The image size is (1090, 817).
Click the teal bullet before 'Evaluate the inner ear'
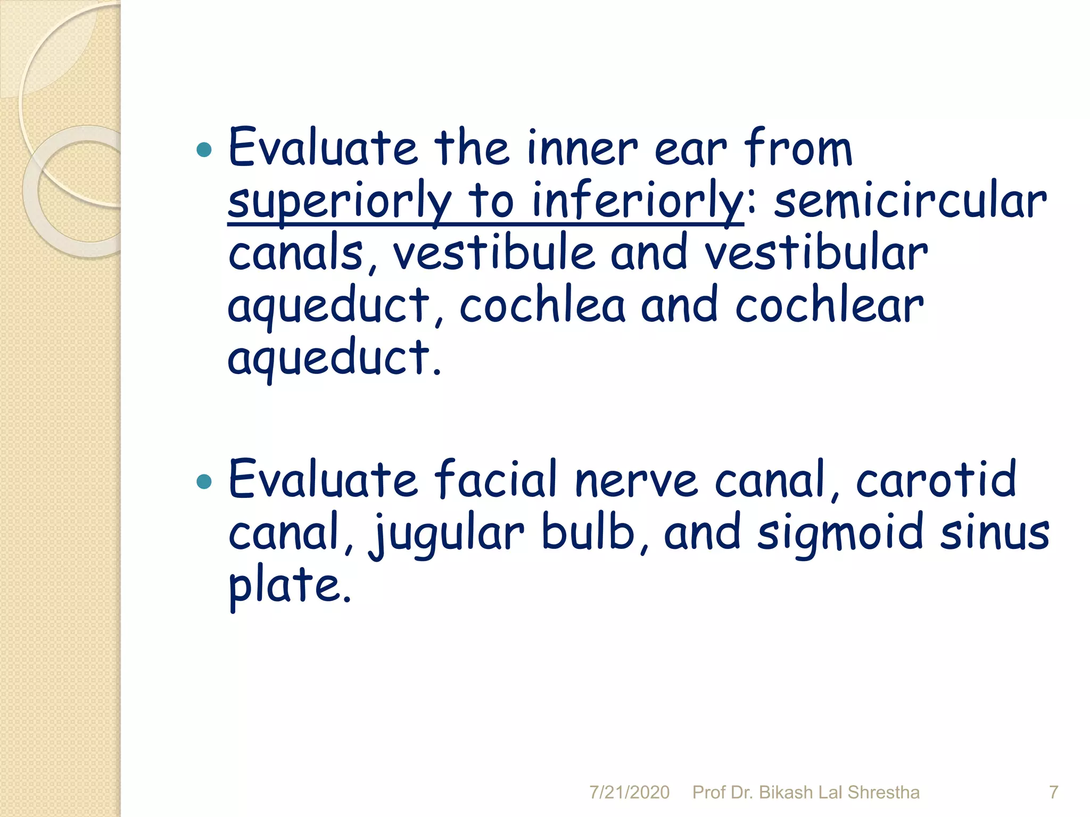(204, 151)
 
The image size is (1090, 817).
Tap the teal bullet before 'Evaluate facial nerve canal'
(204, 482)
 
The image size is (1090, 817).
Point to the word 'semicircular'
(910, 201)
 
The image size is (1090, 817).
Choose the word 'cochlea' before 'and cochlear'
(542, 306)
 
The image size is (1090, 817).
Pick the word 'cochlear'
(829, 306)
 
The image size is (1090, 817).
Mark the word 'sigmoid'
(840, 533)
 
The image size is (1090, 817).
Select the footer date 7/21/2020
(629, 793)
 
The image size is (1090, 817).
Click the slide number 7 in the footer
(1053, 793)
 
